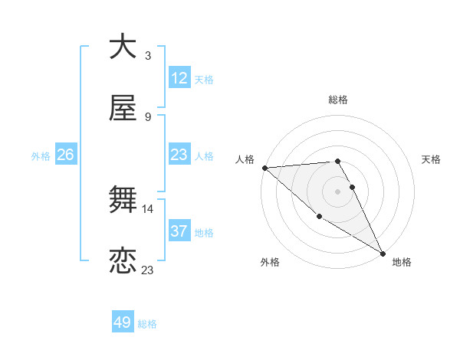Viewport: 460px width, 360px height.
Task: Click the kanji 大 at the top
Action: click(123, 47)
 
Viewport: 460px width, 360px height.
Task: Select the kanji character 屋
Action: click(123, 109)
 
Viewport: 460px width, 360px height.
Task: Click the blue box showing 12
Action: click(179, 78)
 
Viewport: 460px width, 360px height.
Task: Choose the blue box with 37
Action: click(179, 231)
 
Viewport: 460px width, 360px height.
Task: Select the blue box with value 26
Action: click(65, 155)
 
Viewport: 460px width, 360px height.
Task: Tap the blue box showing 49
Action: click(123, 322)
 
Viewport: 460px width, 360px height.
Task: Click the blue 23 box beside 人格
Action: click(179, 155)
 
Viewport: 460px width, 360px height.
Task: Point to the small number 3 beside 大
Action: click(148, 55)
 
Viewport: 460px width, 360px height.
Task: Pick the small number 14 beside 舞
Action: click(148, 208)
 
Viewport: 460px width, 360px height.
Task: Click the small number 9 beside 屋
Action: click(148, 116)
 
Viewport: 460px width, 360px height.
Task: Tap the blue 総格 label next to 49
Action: click(147, 324)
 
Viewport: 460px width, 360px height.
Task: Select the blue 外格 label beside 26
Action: click(41, 155)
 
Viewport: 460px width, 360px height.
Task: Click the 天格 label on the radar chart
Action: click(431, 159)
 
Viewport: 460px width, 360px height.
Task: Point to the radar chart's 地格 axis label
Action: click(402, 262)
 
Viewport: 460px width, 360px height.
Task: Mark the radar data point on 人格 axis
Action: click(264, 168)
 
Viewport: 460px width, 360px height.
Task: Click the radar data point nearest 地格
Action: click(382, 253)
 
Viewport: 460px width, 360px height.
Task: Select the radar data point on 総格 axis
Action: click(337, 161)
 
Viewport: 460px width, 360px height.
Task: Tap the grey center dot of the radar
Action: click(337, 191)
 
